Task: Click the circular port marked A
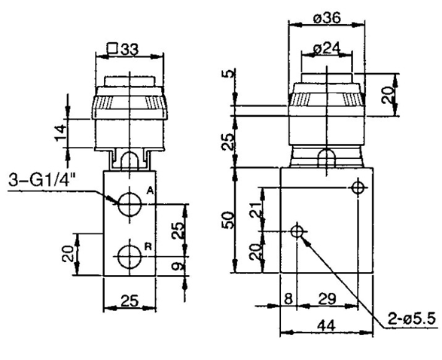130,202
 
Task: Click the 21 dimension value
255,206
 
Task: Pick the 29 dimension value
326,300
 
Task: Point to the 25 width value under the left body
130,301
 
